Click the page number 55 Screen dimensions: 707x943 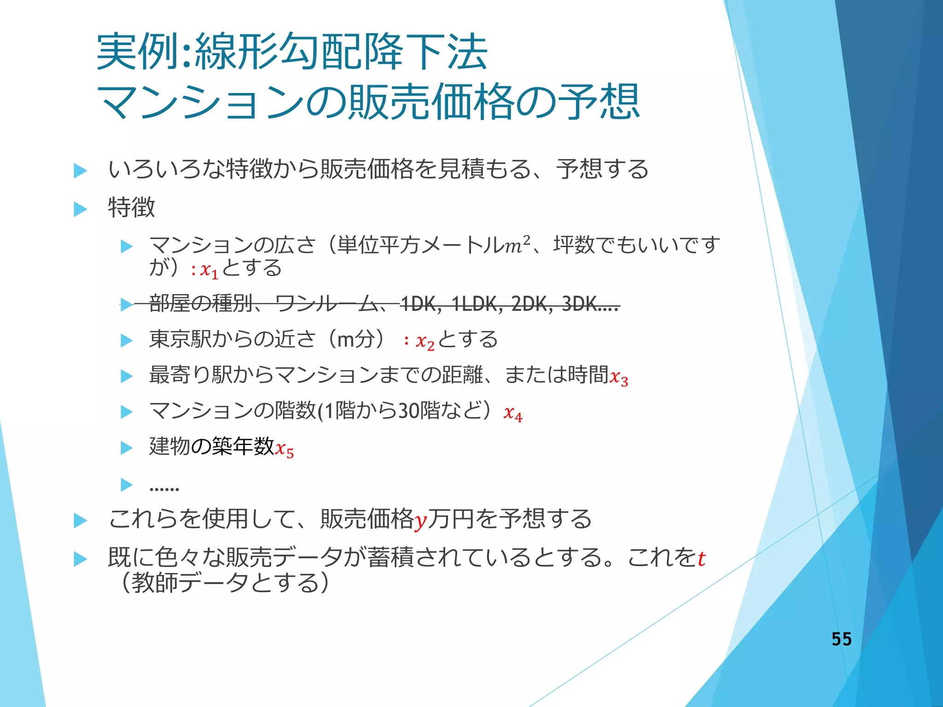[841, 639]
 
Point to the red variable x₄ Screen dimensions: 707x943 [512, 413]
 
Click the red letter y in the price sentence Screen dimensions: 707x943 [420, 521]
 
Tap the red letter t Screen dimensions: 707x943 [701, 559]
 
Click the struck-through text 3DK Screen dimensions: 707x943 [580, 304]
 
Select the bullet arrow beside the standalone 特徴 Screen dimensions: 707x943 [81, 209]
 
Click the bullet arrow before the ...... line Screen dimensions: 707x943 [126, 485]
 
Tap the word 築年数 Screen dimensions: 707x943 [243, 446]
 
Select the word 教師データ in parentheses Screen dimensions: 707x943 [190, 583]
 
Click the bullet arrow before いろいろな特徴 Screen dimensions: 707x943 [81, 171]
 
